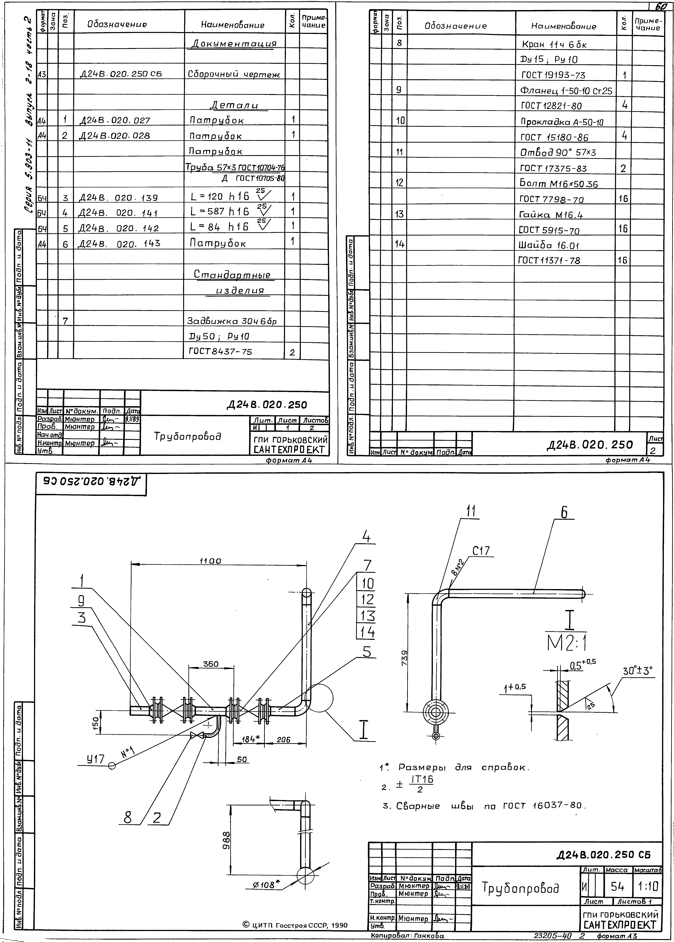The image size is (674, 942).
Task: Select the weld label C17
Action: point(481,551)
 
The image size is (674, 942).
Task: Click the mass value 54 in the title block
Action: point(617,887)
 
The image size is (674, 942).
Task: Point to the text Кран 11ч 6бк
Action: point(554,44)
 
